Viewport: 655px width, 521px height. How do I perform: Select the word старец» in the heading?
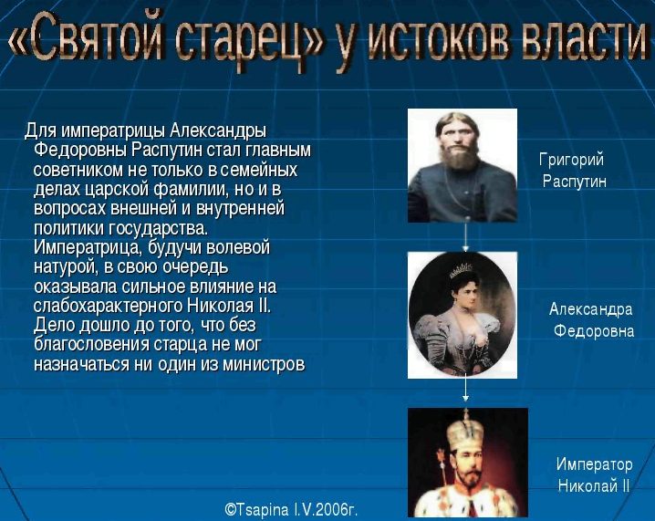pyautogui.click(x=249, y=41)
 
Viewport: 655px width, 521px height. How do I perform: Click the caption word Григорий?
pyautogui.click(x=571, y=160)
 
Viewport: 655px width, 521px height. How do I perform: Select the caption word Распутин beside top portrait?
pyautogui.click(x=575, y=182)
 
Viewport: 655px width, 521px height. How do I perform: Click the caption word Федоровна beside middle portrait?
pyautogui.click(x=594, y=331)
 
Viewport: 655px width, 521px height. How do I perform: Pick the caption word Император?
pyautogui.click(x=594, y=464)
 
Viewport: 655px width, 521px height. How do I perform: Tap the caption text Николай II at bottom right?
pyautogui.click(x=593, y=486)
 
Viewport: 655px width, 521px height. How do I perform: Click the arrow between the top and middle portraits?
pyautogui.click(x=465, y=237)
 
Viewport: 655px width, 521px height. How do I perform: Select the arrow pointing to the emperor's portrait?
pyautogui.click(x=465, y=391)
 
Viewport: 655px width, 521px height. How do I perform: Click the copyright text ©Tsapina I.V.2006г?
pyautogui.click(x=291, y=510)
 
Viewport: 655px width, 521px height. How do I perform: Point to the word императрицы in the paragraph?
pyautogui.click(x=113, y=131)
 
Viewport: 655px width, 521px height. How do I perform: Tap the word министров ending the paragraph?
pyautogui.click(x=264, y=364)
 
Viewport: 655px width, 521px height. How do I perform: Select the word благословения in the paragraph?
pyautogui.click(x=91, y=345)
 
